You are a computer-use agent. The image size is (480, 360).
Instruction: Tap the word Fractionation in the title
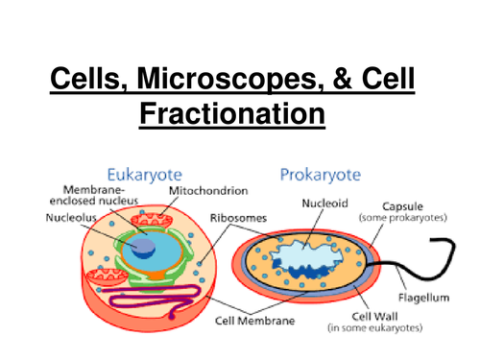(232, 115)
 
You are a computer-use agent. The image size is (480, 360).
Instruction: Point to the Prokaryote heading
(323, 175)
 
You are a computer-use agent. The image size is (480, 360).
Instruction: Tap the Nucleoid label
(324, 204)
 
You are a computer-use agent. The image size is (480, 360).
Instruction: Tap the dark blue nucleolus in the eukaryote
(143, 246)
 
